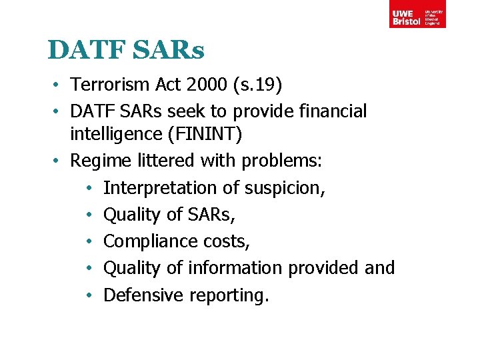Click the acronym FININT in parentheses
tap(207, 135)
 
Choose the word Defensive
tap(143, 295)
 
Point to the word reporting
tap(229, 295)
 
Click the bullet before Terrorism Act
tap(59, 85)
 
